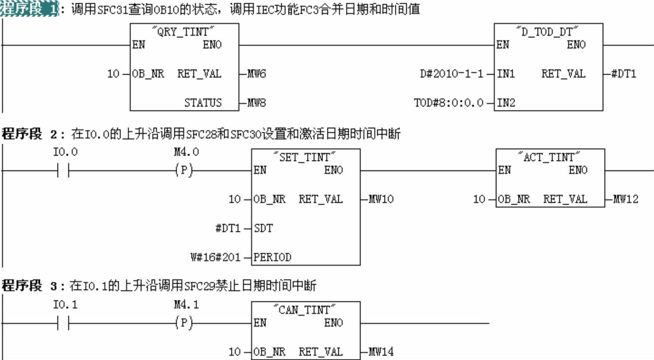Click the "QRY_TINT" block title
184,31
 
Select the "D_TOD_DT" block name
548,31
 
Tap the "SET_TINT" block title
305,157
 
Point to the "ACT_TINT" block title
550,157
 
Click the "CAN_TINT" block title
305,310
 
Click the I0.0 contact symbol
63,171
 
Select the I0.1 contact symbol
63,323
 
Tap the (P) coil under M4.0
184,170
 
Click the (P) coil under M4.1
184,323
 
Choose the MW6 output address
256,74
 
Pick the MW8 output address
256,103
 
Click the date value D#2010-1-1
452,74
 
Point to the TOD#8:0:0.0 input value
449,103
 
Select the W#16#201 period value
215,257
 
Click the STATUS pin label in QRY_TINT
203,103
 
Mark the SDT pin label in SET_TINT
263,228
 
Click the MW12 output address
625,199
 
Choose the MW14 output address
381,352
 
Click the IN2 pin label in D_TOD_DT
506,103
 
